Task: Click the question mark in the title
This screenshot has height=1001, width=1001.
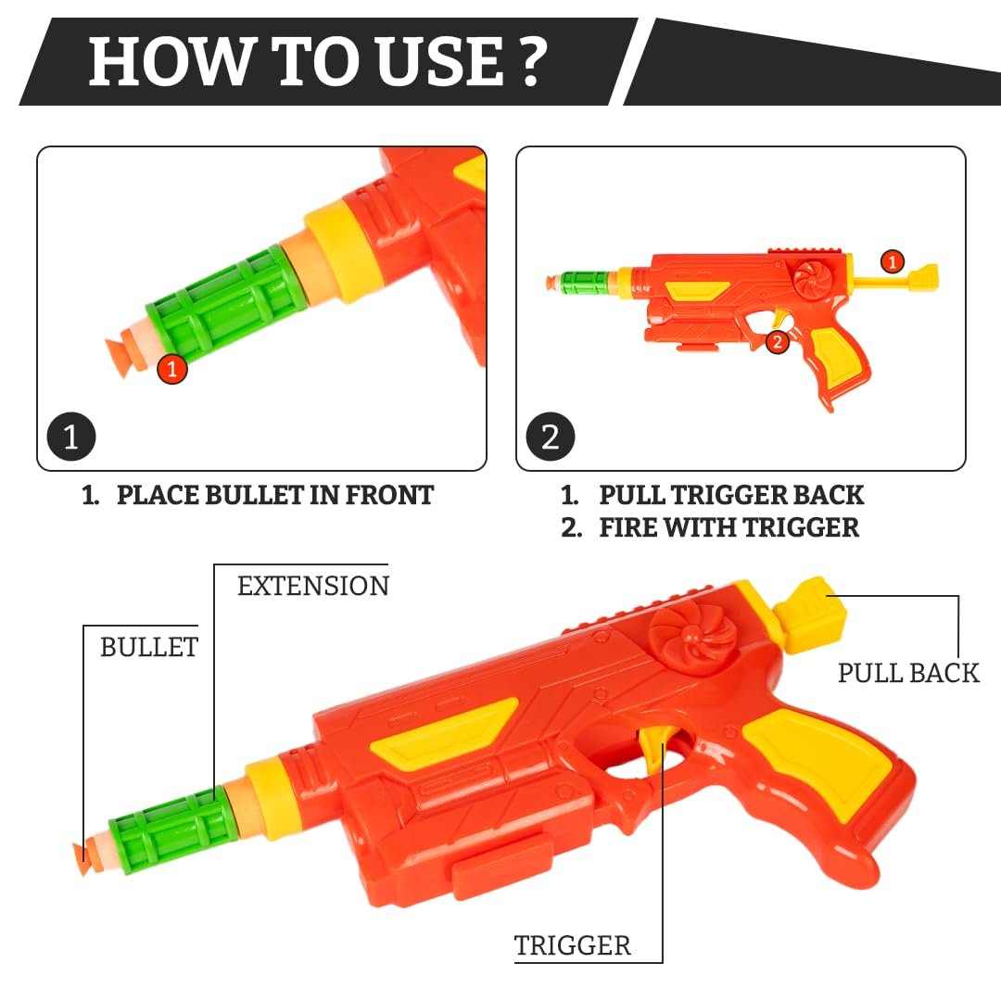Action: (530, 61)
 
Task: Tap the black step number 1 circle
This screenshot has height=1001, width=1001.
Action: (71, 437)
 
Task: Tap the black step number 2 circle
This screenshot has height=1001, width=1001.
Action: (551, 437)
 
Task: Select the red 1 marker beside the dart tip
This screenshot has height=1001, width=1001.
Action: (171, 368)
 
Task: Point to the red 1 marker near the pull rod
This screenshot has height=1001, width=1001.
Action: (893, 261)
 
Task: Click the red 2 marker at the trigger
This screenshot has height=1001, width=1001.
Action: (777, 342)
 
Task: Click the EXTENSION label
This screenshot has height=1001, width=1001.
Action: (313, 586)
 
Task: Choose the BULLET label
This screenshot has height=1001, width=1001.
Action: (149, 647)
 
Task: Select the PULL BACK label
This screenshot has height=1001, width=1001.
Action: (908, 673)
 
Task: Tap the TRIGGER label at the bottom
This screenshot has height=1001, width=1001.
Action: (573, 945)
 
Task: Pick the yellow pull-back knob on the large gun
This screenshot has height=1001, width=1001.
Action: (809, 615)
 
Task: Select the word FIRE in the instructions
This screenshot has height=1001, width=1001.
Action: (628, 528)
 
